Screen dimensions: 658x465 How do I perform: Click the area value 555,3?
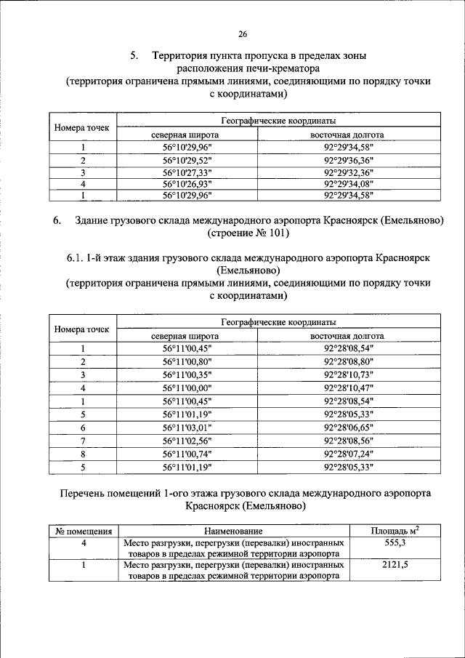tap(395, 543)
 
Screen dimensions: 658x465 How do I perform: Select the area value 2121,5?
tap(395, 563)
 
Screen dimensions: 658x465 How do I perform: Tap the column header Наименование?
tap(232, 532)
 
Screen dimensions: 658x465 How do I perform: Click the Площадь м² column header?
tap(395, 531)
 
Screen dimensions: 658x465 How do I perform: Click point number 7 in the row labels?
tap(83, 441)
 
